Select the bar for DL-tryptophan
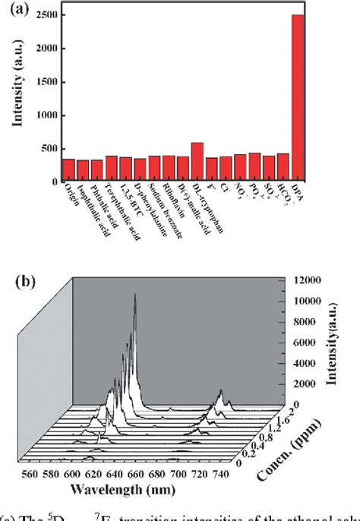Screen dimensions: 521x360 (x=197, y=162)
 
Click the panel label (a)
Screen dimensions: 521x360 (x=24, y=10)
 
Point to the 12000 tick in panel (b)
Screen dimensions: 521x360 (x=305, y=281)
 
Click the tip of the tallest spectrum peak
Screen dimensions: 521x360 (x=135, y=294)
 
